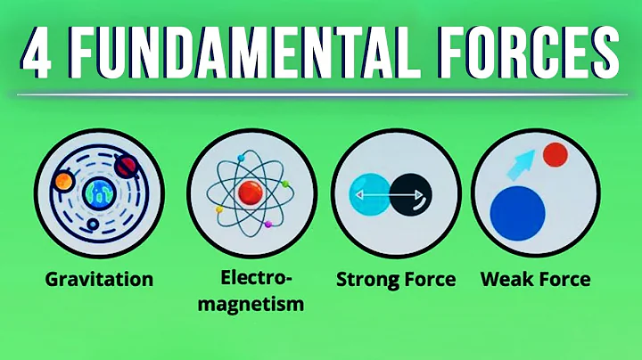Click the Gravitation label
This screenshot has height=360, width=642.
99,280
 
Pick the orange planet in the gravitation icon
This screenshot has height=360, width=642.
62,182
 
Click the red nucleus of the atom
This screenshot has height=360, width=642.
250,190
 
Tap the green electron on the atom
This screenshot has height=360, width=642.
286,184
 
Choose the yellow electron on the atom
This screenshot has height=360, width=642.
219,210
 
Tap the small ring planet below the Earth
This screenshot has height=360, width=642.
94,225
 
